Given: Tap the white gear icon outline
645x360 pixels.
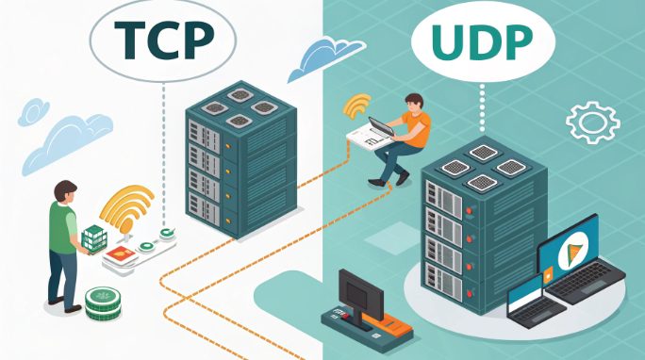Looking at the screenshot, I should (x=591, y=123).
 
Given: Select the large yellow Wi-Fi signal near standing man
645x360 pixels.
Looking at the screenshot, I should (x=126, y=209).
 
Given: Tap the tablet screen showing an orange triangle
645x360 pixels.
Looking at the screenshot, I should (x=569, y=251).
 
